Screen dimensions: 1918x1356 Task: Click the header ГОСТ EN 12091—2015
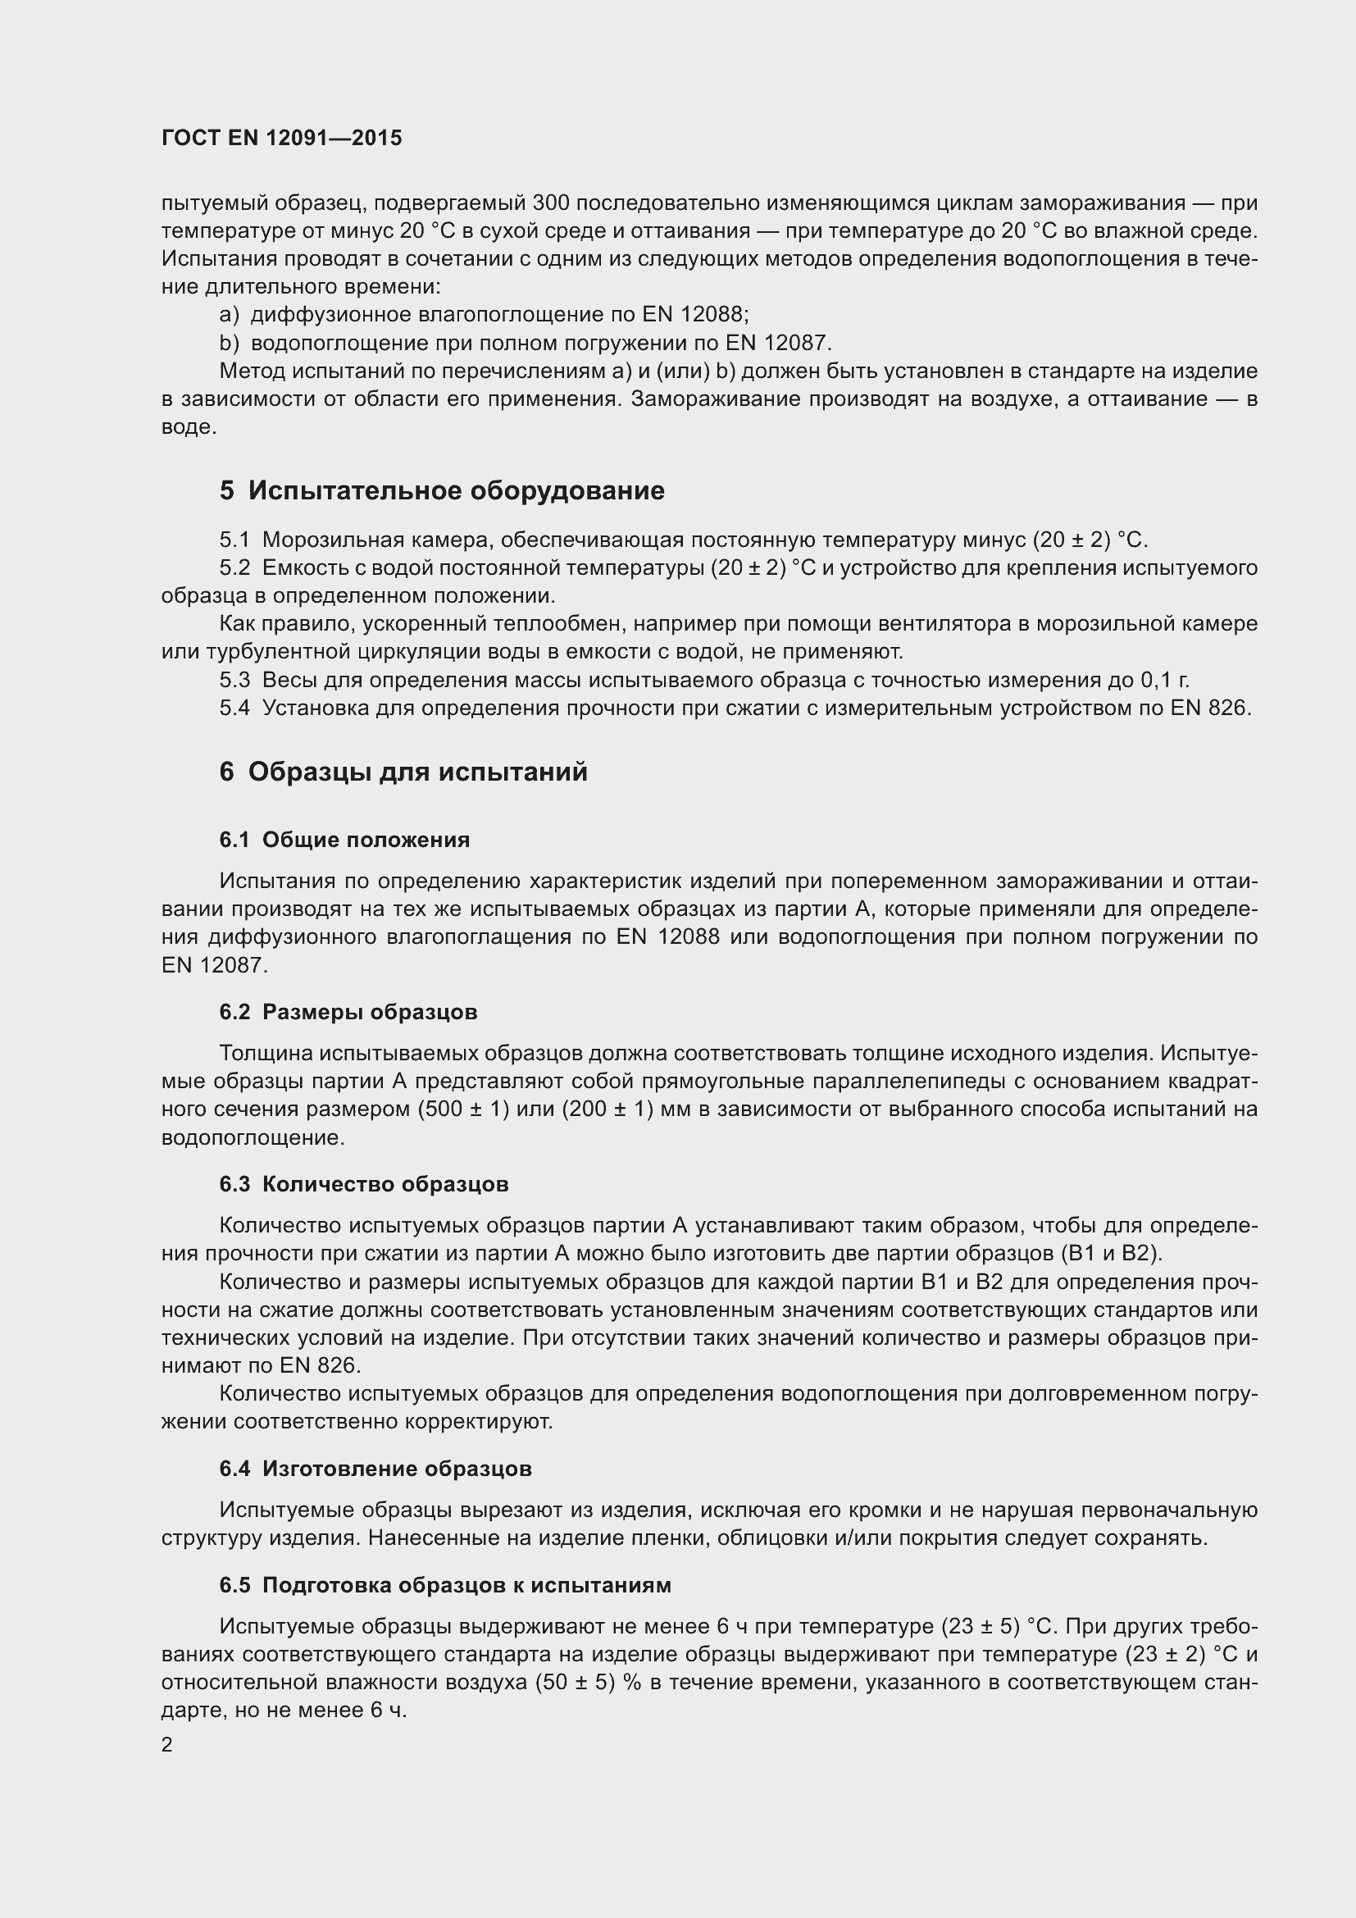[x=281, y=139]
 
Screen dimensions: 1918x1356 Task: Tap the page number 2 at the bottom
[x=167, y=1745]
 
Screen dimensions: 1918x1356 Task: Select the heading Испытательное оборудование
[x=456, y=490]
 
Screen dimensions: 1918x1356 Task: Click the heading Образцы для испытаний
[x=417, y=772]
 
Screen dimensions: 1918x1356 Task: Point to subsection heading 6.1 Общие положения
[x=344, y=841]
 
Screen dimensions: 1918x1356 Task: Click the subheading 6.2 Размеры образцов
[x=348, y=1013]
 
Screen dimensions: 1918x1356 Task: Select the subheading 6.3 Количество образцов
[x=363, y=1185]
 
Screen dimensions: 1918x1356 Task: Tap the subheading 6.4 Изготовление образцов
[x=375, y=1469]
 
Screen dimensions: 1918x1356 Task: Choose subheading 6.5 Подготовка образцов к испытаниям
[x=445, y=1586]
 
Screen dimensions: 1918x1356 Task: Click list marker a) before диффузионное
[x=229, y=315]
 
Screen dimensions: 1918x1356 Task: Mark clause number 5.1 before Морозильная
[x=234, y=540]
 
